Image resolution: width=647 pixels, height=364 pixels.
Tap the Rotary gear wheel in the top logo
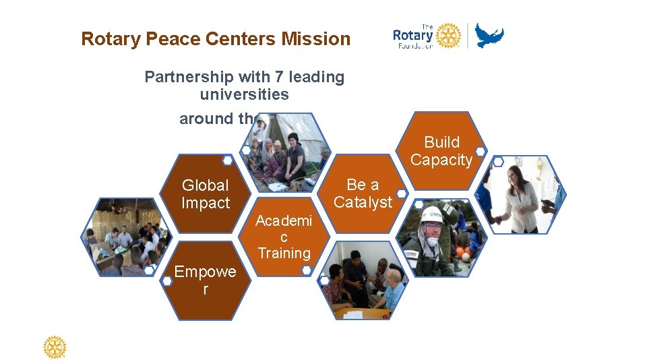click(x=448, y=35)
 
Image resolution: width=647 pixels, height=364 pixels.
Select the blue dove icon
click(x=489, y=35)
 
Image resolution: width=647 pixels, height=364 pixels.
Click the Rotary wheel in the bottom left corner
click(x=55, y=348)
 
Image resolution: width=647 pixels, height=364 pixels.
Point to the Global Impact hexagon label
click(x=205, y=194)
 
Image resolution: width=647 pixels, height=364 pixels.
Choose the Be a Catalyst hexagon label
click(x=363, y=193)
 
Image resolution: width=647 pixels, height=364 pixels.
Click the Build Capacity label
click(x=441, y=151)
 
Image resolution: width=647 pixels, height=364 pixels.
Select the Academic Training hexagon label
click(x=284, y=237)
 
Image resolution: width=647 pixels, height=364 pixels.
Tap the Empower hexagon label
click(x=205, y=280)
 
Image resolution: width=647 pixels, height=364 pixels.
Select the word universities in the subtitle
click(x=244, y=94)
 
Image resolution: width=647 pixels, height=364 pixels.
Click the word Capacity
click(x=441, y=160)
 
